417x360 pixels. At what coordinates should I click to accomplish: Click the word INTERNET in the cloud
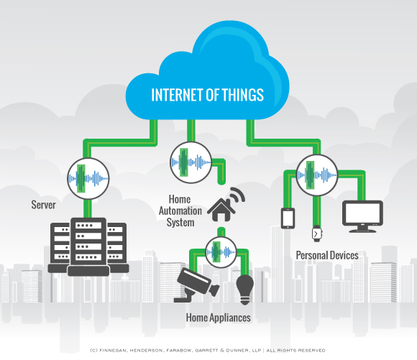pyautogui.click(x=172, y=95)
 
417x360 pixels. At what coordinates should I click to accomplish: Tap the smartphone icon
pyautogui.click(x=288, y=217)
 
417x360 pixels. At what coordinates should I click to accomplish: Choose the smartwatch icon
pyautogui.click(x=316, y=234)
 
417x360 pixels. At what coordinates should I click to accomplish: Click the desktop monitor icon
pyautogui.click(x=362, y=215)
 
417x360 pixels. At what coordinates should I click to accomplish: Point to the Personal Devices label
pyautogui.click(x=327, y=255)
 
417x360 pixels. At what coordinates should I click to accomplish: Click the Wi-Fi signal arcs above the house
pyautogui.click(x=236, y=195)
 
